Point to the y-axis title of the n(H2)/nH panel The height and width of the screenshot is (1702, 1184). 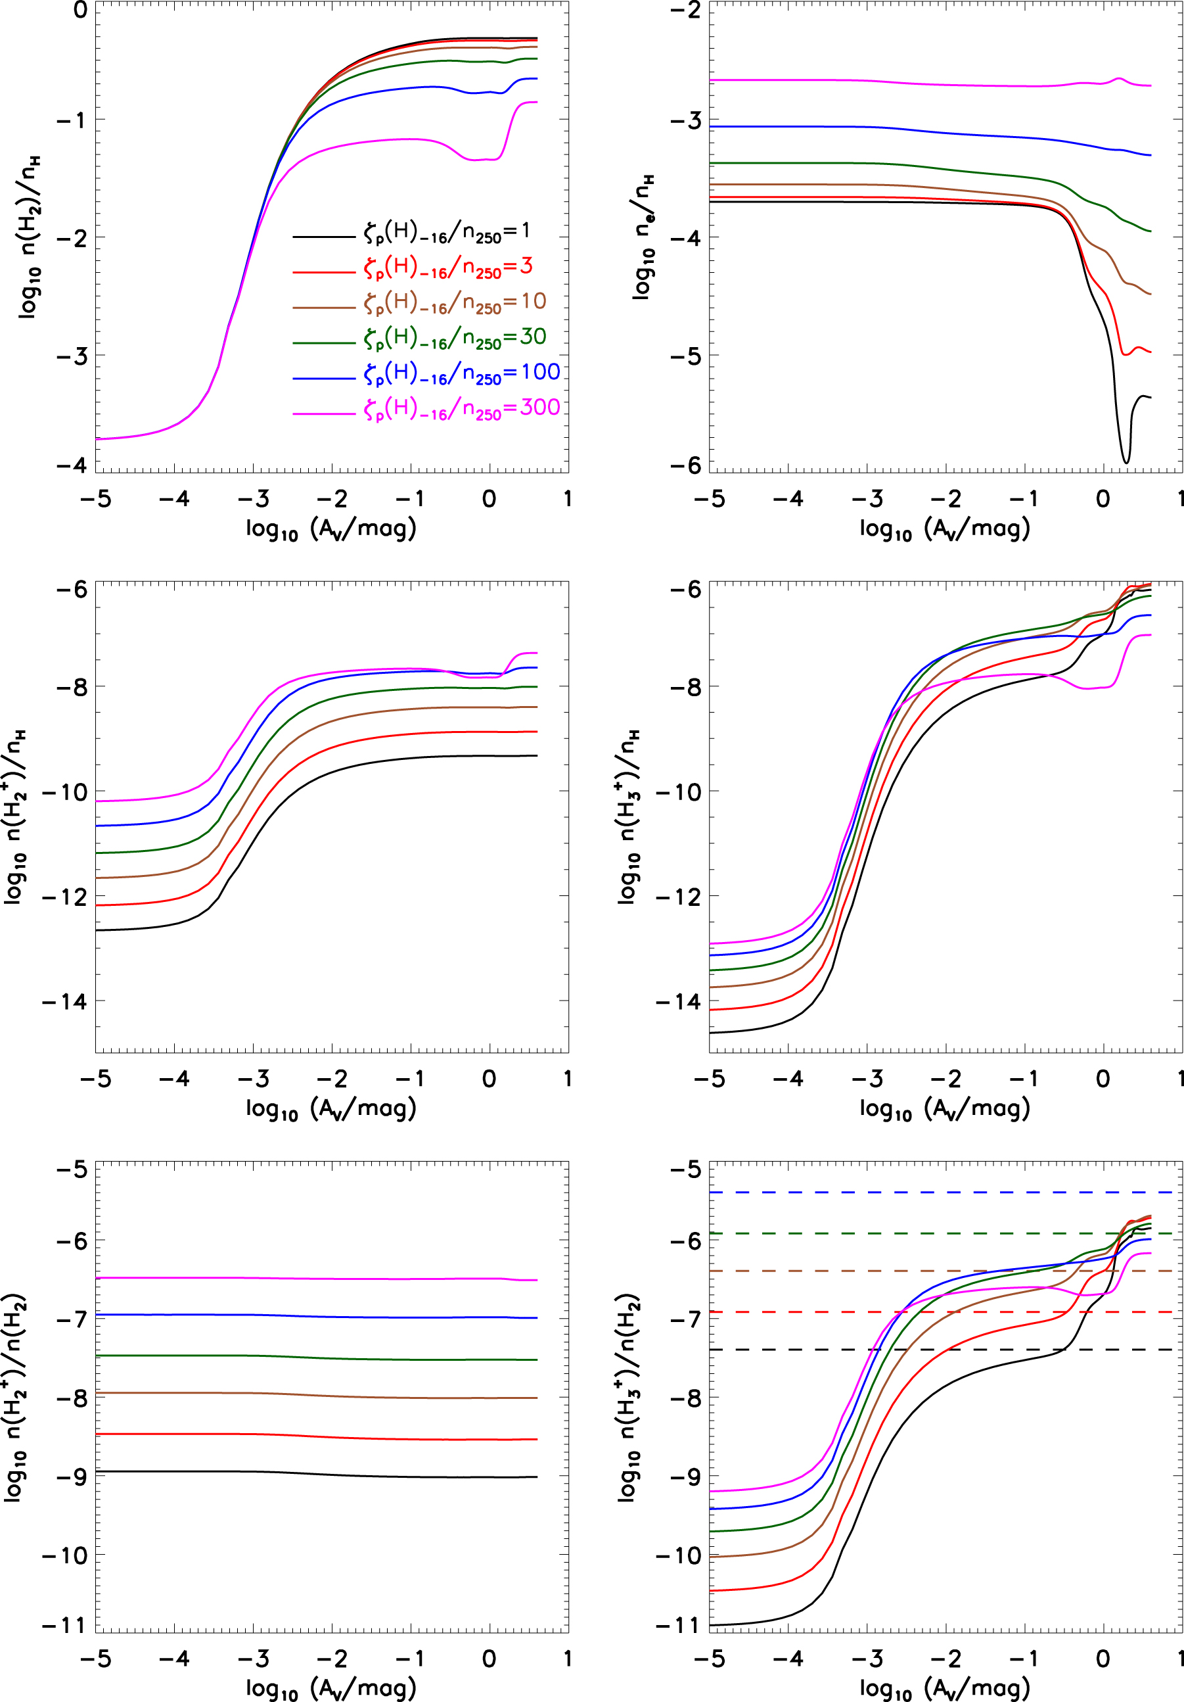pyautogui.click(x=28, y=237)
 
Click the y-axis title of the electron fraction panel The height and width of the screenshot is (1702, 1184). pyautogui.click(x=643, y=237)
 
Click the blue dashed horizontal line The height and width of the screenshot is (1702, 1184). pyautogui.click(x=945, y=1192)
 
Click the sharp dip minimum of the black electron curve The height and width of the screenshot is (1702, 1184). pyautogui.click(x=1126, y=463)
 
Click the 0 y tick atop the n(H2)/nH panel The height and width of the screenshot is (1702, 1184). pyautogui.click(x=80, y=11)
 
